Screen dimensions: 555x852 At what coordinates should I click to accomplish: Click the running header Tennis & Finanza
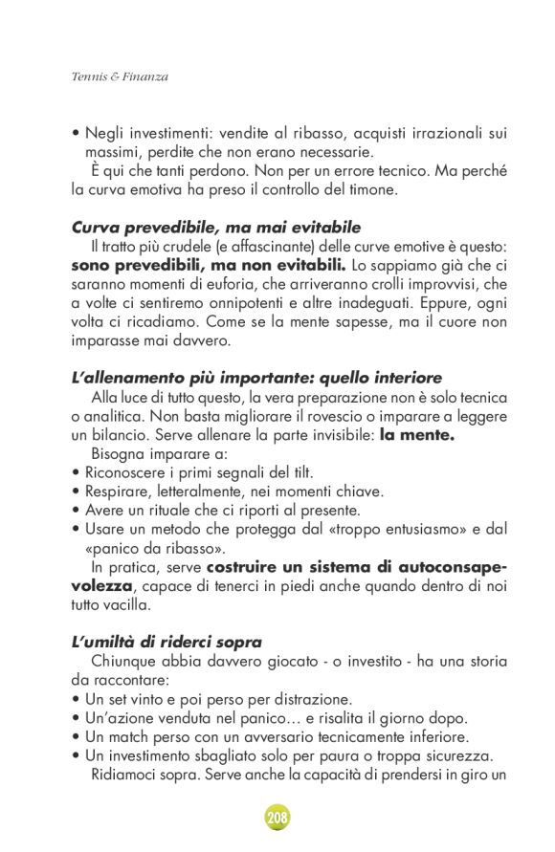coord(120,76)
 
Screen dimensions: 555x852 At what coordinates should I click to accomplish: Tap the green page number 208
coord(277,818)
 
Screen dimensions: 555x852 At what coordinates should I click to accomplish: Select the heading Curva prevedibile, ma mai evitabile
coord(215,228)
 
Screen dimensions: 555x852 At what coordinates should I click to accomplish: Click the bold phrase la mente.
coord(417,435)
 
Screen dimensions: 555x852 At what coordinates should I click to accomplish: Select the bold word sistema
coord(330,566)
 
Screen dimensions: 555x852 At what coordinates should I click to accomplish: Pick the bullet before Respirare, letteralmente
coord(76,492)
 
